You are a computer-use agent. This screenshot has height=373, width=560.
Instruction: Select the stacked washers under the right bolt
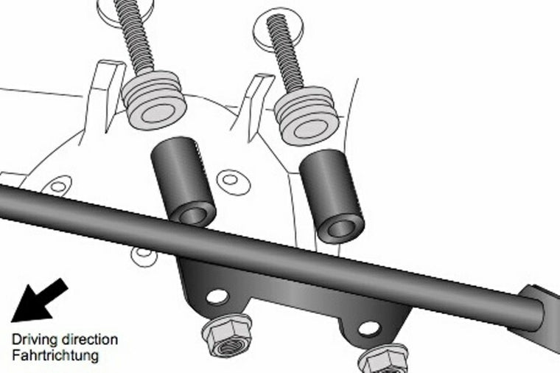[306, 116]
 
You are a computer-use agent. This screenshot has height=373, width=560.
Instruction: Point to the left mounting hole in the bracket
[217, 296]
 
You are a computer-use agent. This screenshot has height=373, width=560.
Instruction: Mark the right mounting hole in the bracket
[368, 328]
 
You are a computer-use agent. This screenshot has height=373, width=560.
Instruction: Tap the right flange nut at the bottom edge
[383, 361]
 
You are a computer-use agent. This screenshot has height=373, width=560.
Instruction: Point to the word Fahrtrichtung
[55, 355]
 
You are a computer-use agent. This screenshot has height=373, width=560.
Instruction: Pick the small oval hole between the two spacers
[231, 179]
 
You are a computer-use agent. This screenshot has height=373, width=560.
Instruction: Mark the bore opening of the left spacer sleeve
[194, 215]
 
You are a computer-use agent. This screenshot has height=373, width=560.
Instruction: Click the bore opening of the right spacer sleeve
[341, 228]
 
